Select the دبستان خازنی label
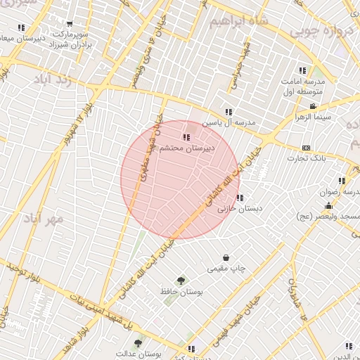240,209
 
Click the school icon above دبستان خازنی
240,198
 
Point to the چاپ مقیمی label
226,269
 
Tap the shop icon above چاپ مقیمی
226,258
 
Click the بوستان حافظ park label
181,292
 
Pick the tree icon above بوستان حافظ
181,281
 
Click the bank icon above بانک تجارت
306,148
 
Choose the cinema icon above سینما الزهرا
312,106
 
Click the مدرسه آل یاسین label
229,123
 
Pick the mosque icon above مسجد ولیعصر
328,206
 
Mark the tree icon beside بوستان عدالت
138,344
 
